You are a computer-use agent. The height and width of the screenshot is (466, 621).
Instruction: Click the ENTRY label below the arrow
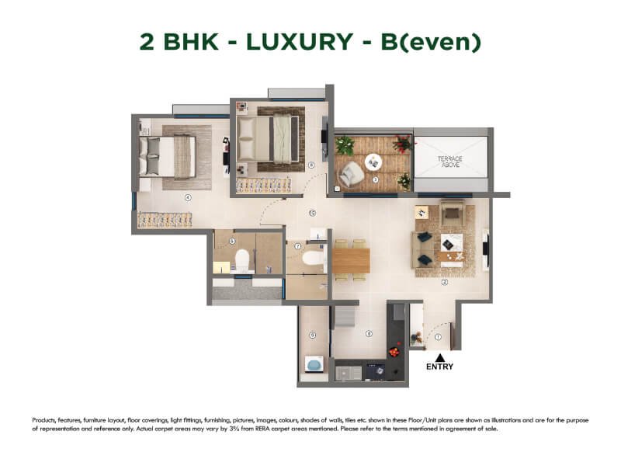[x=440, y=367]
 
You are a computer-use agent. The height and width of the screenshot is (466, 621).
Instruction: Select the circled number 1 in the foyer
[x=439, y=336]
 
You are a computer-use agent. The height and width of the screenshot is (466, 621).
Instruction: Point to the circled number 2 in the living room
[x=445, y=282]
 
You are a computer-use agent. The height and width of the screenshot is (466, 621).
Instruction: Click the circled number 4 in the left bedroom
[x=187, y=197]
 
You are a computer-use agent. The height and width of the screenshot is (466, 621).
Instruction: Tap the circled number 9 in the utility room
[x=312, y=335]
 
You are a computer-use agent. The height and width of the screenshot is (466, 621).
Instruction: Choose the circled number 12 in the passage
[x=311, y=212]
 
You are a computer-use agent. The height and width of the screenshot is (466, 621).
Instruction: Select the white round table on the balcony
[x=374, y=162]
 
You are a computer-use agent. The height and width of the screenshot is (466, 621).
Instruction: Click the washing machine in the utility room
[x=314, y=364]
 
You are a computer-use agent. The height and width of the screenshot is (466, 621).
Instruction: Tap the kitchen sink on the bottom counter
[x=349, y=372]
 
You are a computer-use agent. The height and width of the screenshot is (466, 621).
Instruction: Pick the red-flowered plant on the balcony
[x=402, y=144]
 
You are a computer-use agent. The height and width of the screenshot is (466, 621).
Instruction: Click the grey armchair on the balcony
[x=350, y=176]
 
